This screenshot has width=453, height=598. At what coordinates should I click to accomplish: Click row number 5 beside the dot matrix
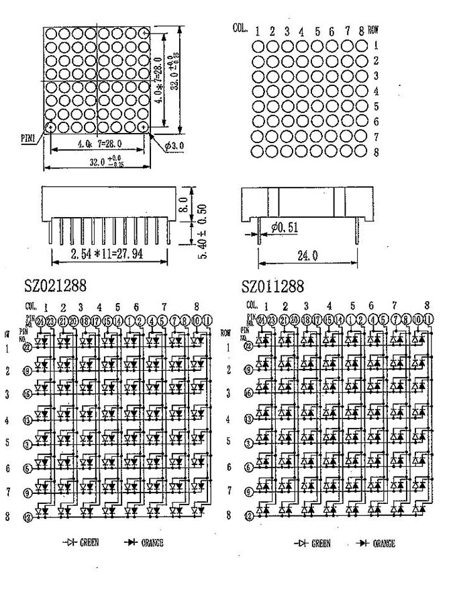pos(376,107)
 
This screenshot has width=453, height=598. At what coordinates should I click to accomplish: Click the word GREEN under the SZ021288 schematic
pos(90,542)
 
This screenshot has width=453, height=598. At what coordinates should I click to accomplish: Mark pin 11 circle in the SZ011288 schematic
pos(430,320)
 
